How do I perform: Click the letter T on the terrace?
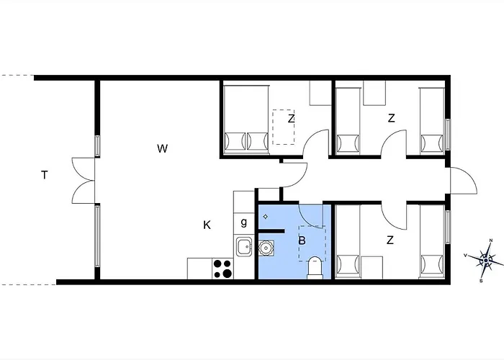tap(45, 174)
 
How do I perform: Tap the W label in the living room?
tap(162, 149)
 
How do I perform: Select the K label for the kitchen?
tap(207, 225)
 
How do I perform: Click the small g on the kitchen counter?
tap(244, 222)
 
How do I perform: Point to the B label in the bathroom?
tap(302, 240)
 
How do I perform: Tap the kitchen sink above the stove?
tap(243, 247)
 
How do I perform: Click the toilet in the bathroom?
tap(315, 268)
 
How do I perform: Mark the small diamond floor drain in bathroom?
tap(265, 215)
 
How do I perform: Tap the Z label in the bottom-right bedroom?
tap(390, 241)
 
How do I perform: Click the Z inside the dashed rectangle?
tap(291, 119)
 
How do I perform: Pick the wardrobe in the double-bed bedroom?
tap(319, 94)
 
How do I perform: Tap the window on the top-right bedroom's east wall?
tap(447, 134)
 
